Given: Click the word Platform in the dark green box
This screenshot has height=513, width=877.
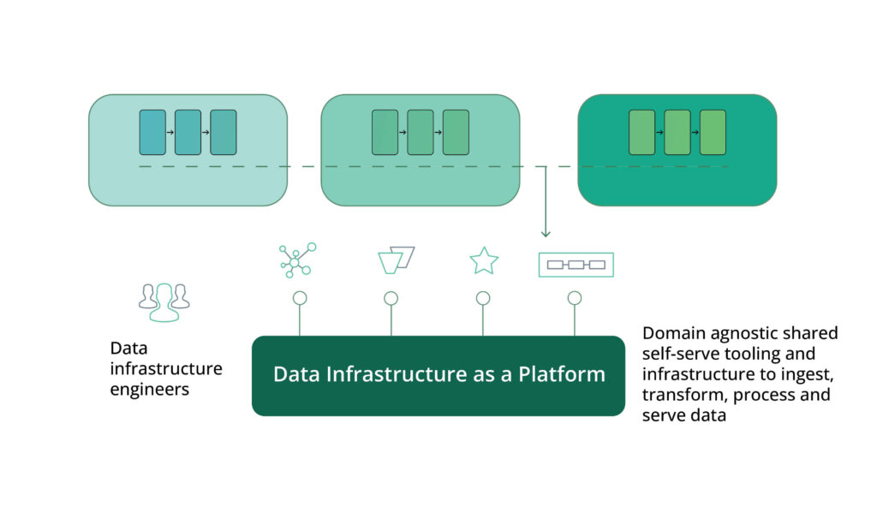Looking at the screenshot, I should (x=561, y=375).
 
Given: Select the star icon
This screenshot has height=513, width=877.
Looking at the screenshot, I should (x=484, y=261).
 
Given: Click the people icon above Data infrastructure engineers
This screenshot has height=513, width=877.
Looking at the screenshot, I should (x=164, y=301).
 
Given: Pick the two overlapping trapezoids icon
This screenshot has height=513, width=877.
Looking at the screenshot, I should (x=396, y=260).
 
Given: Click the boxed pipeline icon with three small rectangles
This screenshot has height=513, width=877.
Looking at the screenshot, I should (x=576, y=265).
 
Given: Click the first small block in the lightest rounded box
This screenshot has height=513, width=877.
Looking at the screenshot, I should (x=152, y=132).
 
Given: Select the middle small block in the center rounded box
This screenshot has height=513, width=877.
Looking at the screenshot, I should (x=420, y=132).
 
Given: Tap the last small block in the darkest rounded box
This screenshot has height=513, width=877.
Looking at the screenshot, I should (x=713, y=132).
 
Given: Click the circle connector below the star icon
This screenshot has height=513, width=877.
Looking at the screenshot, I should (x=483, y=298).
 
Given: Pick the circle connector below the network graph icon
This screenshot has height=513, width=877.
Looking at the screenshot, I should (x=299, y=298).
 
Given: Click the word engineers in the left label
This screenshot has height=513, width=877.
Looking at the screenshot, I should (x=149, y=389).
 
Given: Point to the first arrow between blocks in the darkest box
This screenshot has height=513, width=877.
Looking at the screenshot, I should (x=659, y=133).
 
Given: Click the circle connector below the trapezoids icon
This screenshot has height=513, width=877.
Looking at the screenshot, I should (x=391, y=298).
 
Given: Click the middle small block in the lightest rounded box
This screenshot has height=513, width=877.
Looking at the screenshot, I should (x=188, y=132).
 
